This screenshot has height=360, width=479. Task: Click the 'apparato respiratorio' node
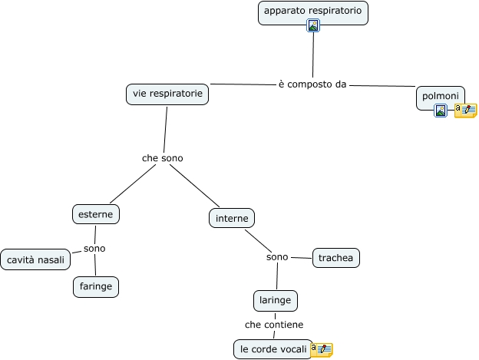312,12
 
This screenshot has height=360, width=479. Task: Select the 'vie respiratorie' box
167,94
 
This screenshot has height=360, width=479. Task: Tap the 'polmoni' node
440,95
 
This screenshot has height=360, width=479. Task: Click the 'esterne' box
96,214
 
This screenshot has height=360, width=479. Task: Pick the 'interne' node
231,219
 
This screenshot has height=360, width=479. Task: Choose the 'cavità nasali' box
35,260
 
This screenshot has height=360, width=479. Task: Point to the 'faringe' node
96,287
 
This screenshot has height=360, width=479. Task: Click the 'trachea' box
335,258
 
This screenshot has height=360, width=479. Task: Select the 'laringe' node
275,300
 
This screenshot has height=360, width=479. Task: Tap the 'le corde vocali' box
273,349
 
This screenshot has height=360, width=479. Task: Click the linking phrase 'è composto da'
312,84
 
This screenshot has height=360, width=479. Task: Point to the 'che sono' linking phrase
162,158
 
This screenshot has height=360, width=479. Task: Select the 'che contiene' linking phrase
274,325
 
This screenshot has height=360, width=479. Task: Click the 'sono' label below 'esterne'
94,249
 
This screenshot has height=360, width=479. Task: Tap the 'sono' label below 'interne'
277,257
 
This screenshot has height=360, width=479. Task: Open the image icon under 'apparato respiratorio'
312,26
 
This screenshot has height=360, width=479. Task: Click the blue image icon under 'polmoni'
441,111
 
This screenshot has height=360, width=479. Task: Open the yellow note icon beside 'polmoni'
465,111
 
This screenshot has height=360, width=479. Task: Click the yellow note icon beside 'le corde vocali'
321,349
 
